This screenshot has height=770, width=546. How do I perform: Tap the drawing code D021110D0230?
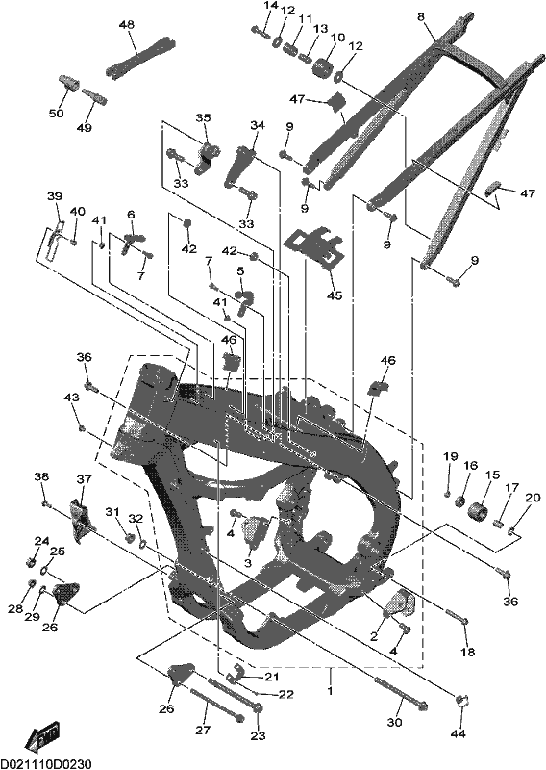pyautogui.click(x=45, y=763)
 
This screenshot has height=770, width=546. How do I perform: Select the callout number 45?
pyautogui.click(x=335, y=295)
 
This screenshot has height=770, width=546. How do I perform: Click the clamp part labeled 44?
pyautogui.click(x=463, y=701)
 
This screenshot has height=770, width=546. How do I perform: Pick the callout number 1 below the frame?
pyautogui.click(x=330, y=690)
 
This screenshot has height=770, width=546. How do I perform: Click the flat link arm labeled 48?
pyautogui.click(x=139, y=56)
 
